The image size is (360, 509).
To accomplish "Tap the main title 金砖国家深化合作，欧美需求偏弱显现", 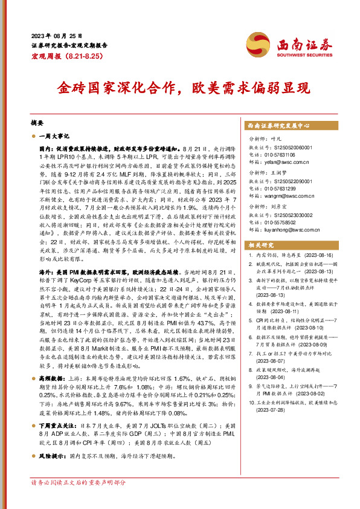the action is click(x=182, y=86).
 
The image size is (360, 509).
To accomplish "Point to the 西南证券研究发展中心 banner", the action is click(x=278, y=126).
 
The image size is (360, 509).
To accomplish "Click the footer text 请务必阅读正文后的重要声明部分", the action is click(x=79, y=483).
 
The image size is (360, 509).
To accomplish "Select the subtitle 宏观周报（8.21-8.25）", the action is click(x=59, y=55).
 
